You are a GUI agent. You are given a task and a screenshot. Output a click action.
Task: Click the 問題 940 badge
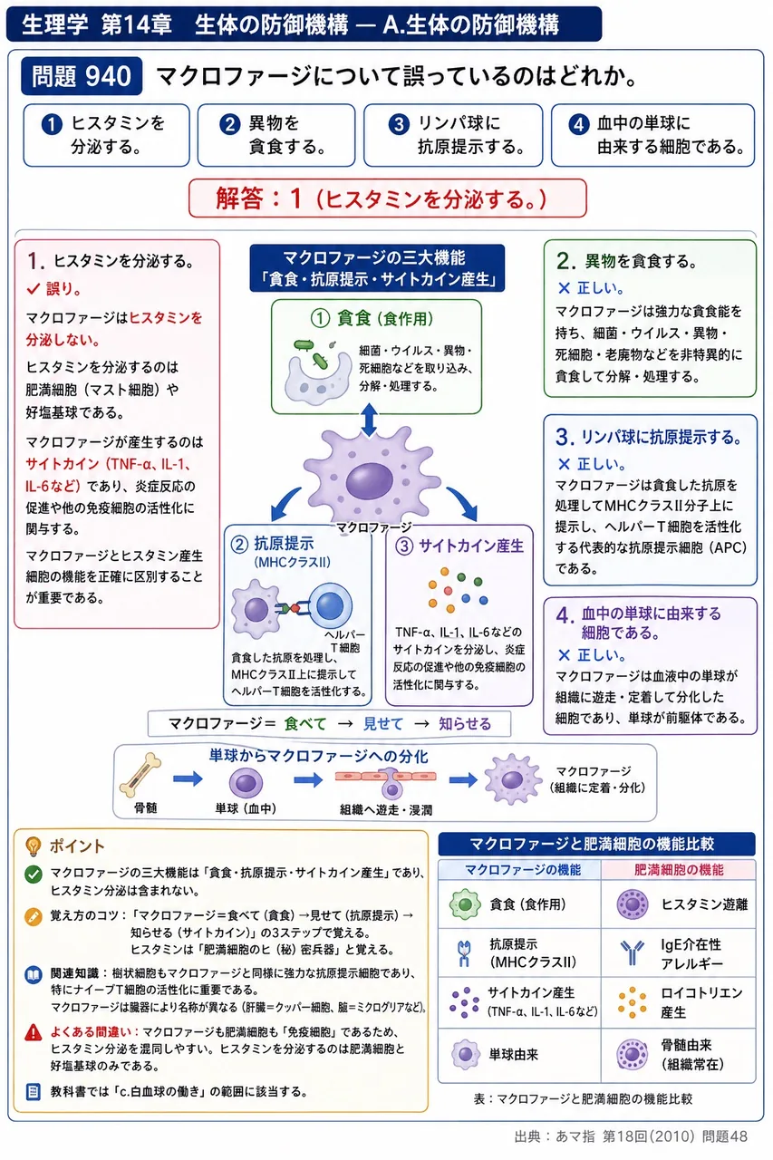pos(82,76)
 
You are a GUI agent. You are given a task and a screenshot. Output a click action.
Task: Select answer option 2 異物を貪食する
pos(276,135)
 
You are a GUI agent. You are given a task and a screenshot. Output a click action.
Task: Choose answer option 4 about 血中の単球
pos(652,135)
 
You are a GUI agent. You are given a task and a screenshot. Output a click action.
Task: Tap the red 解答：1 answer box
pos(387,198)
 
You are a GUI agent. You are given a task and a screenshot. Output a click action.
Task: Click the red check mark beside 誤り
pos(34,288)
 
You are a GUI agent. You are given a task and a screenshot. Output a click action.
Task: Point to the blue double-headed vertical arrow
pos(369,420)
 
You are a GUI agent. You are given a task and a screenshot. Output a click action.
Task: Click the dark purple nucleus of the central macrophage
pos(369,481)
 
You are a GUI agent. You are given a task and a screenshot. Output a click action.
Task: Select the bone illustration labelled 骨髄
pos(140,775)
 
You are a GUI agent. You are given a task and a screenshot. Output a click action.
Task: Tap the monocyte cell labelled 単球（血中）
pos(246,782)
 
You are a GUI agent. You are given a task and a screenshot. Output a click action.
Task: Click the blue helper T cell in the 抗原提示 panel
pos(331,605)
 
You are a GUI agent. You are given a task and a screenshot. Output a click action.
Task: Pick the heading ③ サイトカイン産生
pos(459,546)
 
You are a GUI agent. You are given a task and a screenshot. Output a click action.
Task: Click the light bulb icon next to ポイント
pos(34,846)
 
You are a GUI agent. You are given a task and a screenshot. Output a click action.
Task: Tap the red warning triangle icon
pos(34,1032)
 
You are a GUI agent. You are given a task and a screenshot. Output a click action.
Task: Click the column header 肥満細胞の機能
pos(679,870)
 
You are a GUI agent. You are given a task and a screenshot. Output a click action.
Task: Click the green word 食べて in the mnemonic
pos(305,723)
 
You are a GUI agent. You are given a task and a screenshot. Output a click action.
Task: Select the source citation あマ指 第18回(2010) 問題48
pos(631,1136)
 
